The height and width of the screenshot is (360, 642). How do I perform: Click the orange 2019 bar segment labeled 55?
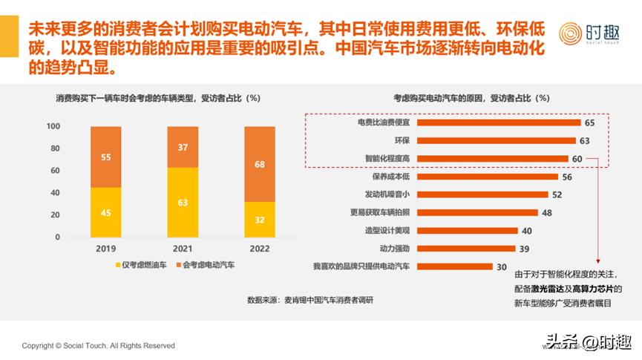pos(106,157)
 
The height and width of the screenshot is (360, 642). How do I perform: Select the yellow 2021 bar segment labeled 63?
pos(183,202)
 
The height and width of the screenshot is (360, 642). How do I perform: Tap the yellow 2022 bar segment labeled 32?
pos(259,220)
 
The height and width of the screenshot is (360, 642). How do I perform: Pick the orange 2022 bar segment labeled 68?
pos(259,163)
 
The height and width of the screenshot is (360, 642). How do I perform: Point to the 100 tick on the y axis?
pos(53,126)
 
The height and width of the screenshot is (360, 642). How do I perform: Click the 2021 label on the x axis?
pos(183,249)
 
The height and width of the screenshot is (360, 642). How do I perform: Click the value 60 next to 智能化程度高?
pos(577,159)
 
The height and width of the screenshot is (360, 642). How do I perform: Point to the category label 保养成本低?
pos(390,177)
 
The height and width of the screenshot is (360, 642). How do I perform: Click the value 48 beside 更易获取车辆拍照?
pos(546,212)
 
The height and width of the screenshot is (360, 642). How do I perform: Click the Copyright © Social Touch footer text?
pos(99,346)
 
